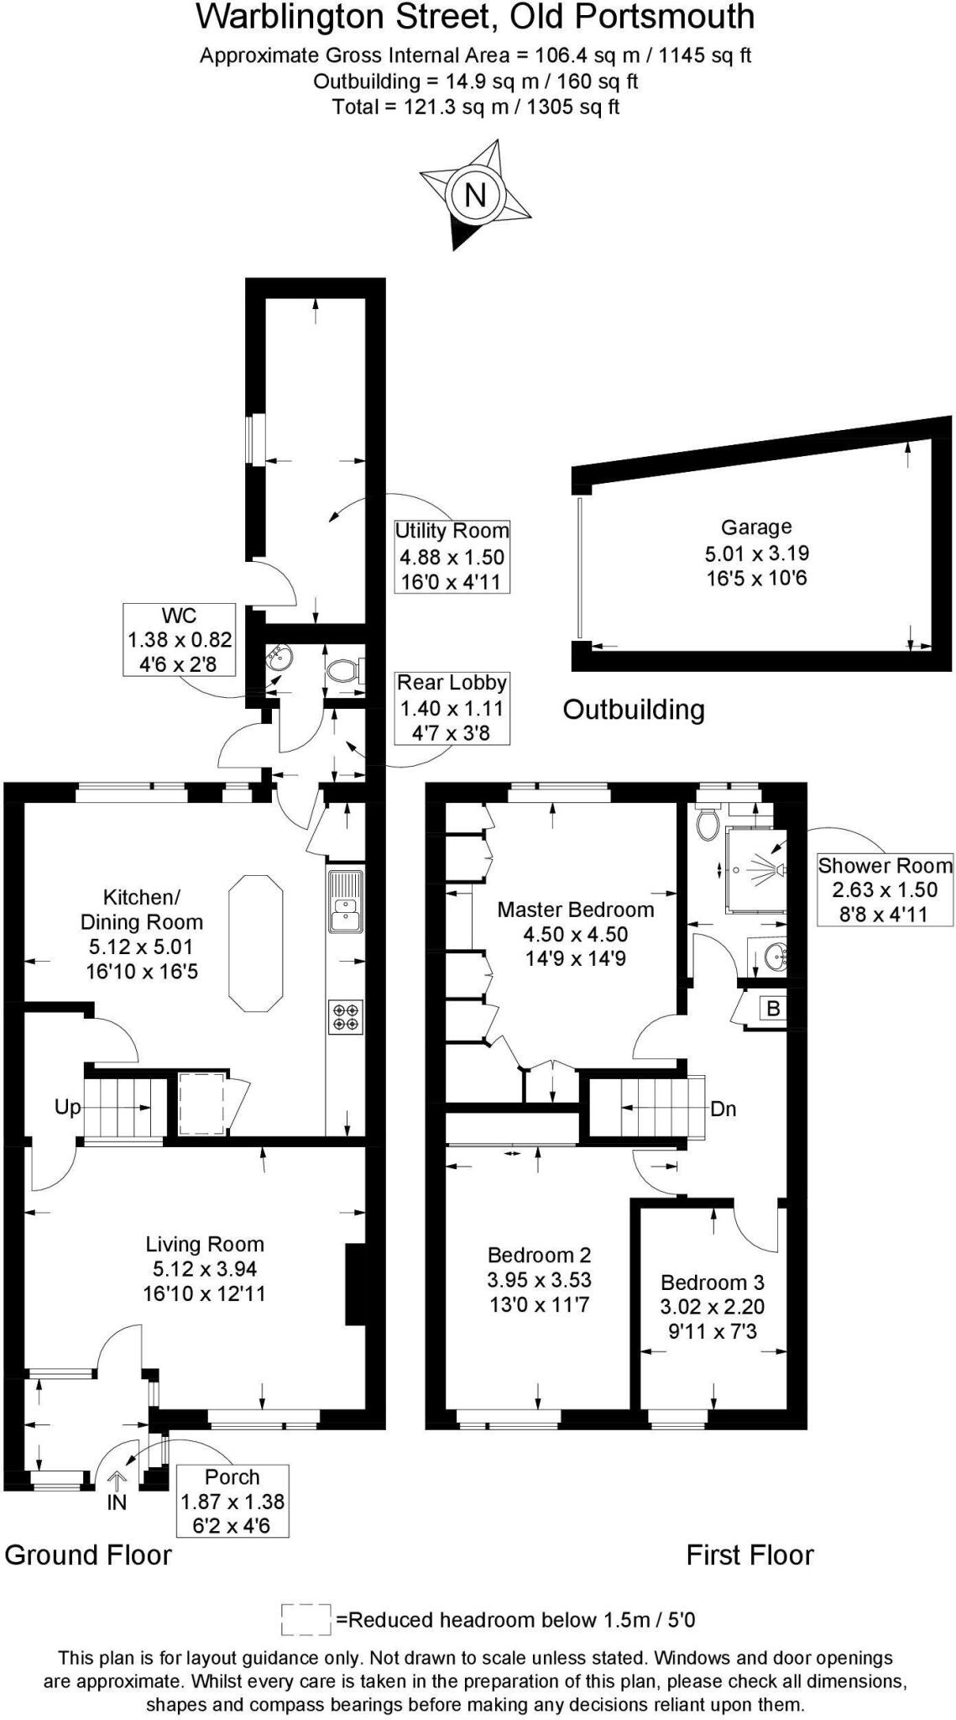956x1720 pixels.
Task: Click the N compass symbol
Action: tap(475, 195)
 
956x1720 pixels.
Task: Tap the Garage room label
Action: tap(756, 527)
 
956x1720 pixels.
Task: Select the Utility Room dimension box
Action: tap(452, 556)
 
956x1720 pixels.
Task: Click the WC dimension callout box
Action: tap(180, 639)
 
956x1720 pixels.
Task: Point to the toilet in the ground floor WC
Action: tap(342, 669)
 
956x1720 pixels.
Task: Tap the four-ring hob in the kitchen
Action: tap(345, 1017)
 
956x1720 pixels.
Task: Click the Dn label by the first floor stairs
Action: tap(723, 1109)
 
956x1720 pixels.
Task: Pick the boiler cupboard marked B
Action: tap(774, 1009)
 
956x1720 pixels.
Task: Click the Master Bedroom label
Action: tap(575, 910)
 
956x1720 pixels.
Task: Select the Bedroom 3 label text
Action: tap(712, 1282)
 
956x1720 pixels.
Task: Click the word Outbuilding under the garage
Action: tap(633, 710)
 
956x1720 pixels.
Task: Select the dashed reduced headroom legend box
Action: tap(306, 1620)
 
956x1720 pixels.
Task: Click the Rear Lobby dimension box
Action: tap(452, 707)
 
